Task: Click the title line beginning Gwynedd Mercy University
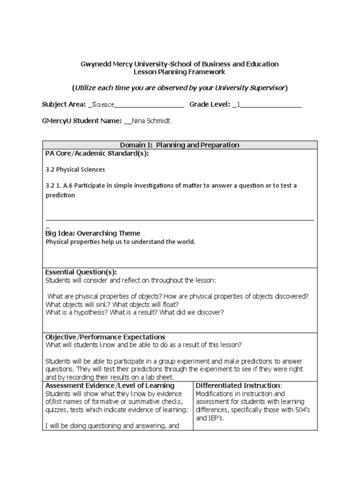pyautogui.click(x=180, y=64)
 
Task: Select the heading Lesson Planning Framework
pyautogui.click(x=180, y=72)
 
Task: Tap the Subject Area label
pyautogui.click(x=64, y=104)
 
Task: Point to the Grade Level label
pyautogui.click(x=210, y=104)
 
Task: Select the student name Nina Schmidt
pyautogui.click(x=150, y=121)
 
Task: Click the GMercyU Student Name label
pyautogui.click(x=82, y=121)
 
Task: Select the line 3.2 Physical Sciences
pyautogui.click(x=75, y=169)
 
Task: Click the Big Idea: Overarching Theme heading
pyautogui.click(x=92, y=233)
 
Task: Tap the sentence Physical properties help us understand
pyautogui.click(x=120, y=242)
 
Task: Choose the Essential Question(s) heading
pyautogui.click(x=81, y=272)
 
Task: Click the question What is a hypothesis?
pyautogui.click(x=77, y=313)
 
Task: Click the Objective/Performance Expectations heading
pyautogui.click(x=105, y=337)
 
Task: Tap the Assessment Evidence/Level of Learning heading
pyautogui.click(x=110, y=385)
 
